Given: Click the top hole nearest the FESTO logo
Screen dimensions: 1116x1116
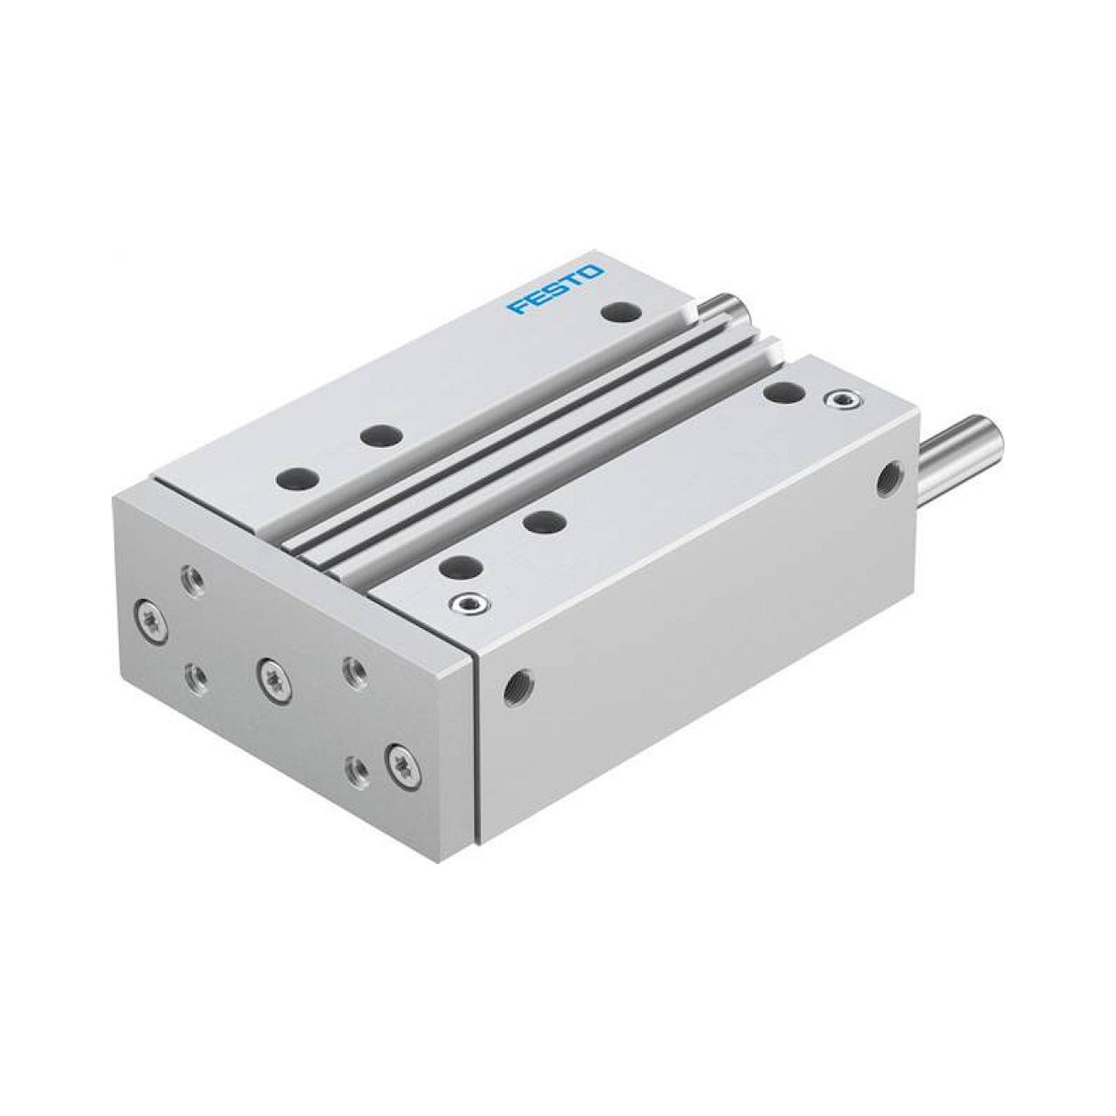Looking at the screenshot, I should tap(621, 312).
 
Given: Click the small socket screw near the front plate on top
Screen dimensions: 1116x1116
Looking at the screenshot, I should tap(469, 604).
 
